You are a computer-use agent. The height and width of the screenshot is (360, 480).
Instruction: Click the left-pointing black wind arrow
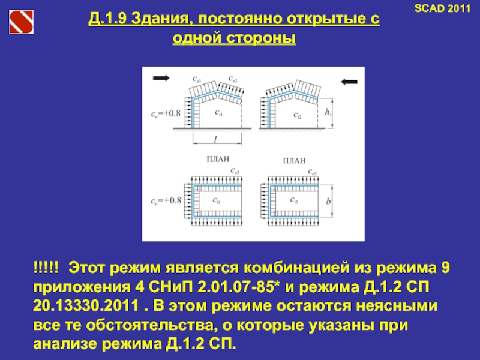tap(350, 81)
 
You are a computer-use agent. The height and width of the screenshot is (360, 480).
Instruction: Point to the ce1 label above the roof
tap(197, 79)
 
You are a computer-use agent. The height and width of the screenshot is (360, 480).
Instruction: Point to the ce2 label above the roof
tap(233, 79)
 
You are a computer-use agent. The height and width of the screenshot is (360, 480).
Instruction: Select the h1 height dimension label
tap(328, 112)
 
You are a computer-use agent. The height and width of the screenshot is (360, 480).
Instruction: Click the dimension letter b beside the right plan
tap(328, 202)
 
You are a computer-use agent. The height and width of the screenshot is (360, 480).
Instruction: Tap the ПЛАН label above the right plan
tap(293, 161)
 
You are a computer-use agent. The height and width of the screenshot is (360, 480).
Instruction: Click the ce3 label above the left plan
tap(236, 172)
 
